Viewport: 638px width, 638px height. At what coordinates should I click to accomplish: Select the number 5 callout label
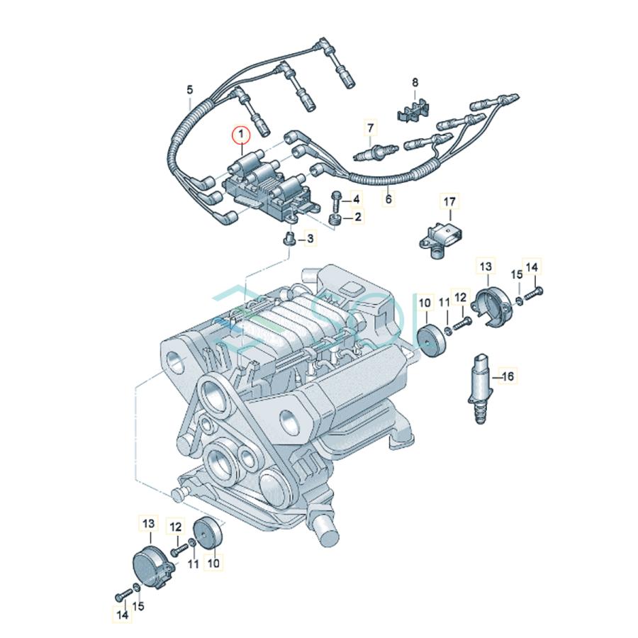click(189, 90)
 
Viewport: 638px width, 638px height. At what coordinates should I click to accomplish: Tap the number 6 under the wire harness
click(388, 200)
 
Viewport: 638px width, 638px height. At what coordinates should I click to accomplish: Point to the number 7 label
click(369, 128)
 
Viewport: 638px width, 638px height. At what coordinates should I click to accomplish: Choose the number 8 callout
click(415, 83)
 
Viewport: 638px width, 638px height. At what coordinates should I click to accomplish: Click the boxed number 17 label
click(449, 203)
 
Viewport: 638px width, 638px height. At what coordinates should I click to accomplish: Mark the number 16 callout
click(508, 376)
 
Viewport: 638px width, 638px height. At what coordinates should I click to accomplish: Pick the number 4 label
click(356, 200)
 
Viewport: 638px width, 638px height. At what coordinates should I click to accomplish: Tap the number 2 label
click(358, 217)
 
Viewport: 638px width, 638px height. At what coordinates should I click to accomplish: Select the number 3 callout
click(310, 240)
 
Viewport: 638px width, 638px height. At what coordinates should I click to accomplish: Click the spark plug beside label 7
click(376, 150)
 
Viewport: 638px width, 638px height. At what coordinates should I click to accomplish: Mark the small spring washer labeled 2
click(336, 218)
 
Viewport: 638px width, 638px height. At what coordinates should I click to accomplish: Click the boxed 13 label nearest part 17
click(485, 267)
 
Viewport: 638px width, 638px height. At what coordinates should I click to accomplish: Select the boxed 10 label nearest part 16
click(425, 303)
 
